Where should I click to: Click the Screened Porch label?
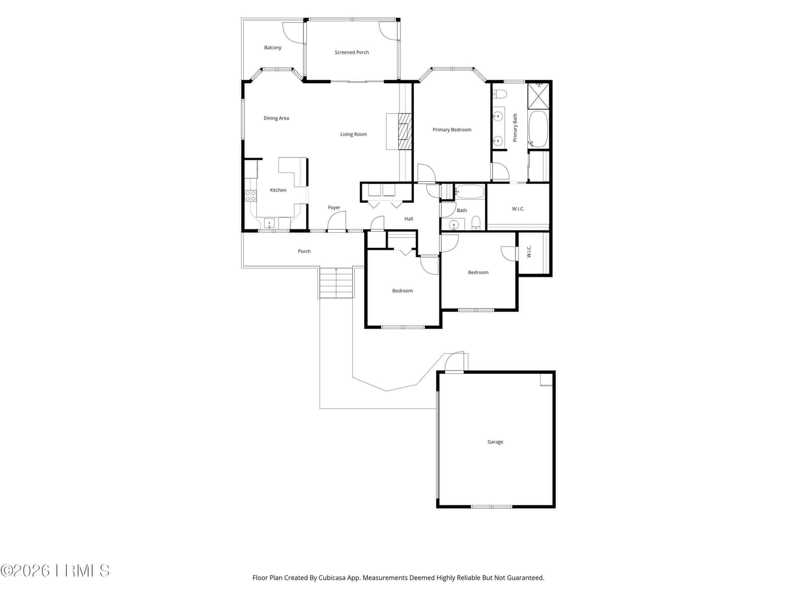click(x=352, y=52)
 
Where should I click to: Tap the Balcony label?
click(x=272, y=47)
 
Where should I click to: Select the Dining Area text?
click(x=276, y=118)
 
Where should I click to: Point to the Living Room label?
click(x=353, y=135)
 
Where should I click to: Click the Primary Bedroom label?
click(x=452, y=130)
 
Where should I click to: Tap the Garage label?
click(x=495, y=442)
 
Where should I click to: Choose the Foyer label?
click(x=334, y=208)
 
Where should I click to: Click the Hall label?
click(x=409, y=219)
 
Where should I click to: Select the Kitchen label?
click(x=278, y=190)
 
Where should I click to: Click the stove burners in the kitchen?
click(x=251, y=196)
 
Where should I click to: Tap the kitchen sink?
click(x=269, y=223)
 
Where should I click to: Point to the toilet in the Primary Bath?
click(x=500, y=94)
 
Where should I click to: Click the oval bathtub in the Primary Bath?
click(x=538, y=129)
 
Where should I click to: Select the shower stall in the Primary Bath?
click(x=538, y=96)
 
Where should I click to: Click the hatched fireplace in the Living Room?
click(x=405, y=132)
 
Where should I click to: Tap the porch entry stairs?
click(x=337, y=283)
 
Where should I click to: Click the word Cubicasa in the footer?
click(x=332, y=578)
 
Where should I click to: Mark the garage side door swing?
click(x=455, y=362)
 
